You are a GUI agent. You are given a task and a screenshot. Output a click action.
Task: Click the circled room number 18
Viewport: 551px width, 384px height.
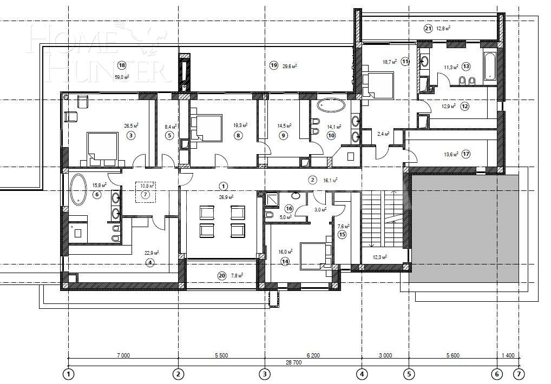click(122, 65)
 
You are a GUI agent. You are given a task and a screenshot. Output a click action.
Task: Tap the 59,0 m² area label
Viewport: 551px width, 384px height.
click(122, 77)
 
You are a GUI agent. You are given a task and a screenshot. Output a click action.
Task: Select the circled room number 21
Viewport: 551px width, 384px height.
click(428, 28)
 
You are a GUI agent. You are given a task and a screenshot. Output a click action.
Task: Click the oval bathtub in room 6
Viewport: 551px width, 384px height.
click(78, 190)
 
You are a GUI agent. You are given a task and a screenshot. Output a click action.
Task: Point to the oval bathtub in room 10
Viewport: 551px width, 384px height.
click(333, 105)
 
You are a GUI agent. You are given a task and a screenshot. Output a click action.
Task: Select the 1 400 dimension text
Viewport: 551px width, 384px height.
click(508, 355)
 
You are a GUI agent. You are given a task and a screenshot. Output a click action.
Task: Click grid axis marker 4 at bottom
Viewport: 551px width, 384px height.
click(362, 373)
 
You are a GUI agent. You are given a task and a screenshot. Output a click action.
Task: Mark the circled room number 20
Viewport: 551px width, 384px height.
click(222, 275)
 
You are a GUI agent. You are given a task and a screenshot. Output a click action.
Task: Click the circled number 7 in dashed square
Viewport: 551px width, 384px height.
click(145, 194)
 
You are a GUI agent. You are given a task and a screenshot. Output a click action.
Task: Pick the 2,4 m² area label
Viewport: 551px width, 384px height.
click(383, 134)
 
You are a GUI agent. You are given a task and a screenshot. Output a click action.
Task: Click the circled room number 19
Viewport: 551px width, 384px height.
click(273, 65)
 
